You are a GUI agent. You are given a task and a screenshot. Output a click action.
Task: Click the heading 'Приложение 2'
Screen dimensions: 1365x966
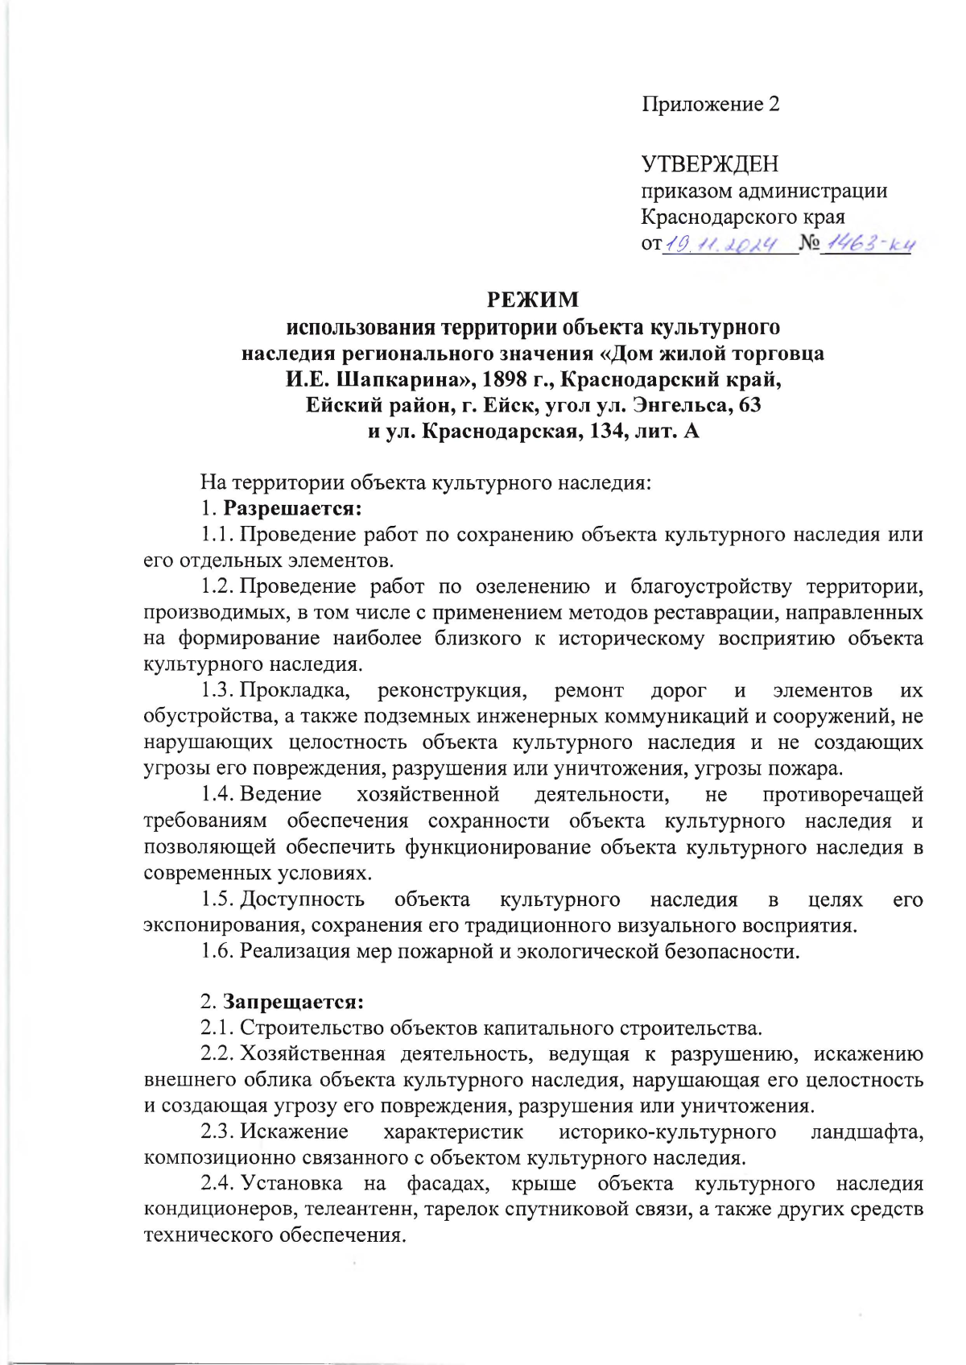point(710,105)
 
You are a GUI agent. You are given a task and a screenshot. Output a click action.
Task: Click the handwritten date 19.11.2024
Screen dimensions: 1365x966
point(721,243)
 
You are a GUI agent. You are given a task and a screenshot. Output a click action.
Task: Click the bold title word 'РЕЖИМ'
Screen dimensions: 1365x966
point(533,300)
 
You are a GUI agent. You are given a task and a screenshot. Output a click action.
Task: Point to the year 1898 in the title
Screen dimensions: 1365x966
point(505,378)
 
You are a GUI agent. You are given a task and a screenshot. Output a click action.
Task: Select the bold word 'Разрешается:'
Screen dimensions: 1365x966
point(292,509)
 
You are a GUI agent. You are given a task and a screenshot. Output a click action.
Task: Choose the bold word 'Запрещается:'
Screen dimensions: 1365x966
point(293,1003)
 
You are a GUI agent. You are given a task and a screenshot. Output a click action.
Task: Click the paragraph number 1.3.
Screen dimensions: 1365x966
point(217,691)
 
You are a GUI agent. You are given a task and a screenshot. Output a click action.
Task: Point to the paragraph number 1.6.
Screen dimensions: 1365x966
point(217,952)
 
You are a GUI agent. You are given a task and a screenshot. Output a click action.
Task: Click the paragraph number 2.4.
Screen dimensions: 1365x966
point(217,1184)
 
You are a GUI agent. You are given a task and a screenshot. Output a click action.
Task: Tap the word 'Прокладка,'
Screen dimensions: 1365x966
point(295,691)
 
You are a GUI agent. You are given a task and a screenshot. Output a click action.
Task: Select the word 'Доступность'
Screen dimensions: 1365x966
point(303,900)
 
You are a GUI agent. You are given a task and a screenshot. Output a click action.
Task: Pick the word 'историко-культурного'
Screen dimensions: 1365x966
point(667,1132)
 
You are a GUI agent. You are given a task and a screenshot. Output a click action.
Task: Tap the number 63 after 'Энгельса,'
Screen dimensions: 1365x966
point(749,404)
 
